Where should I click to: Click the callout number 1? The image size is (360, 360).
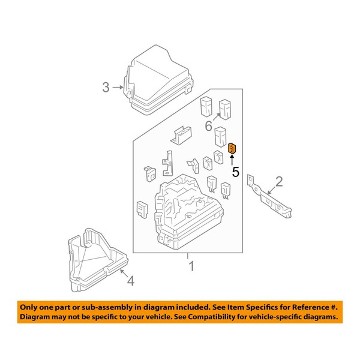tap(191, 266)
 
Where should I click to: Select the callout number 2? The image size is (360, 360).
tap(278, 181)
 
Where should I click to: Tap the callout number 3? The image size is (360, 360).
tap(106, 88)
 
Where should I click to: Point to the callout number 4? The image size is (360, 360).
tap(130, 280)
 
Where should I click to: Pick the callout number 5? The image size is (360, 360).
tap(235, 172)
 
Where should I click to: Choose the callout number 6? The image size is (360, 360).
tap(208, 126)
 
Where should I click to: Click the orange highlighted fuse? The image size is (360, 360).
tap(232, 148)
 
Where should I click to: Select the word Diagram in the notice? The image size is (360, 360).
tap(36, 316)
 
